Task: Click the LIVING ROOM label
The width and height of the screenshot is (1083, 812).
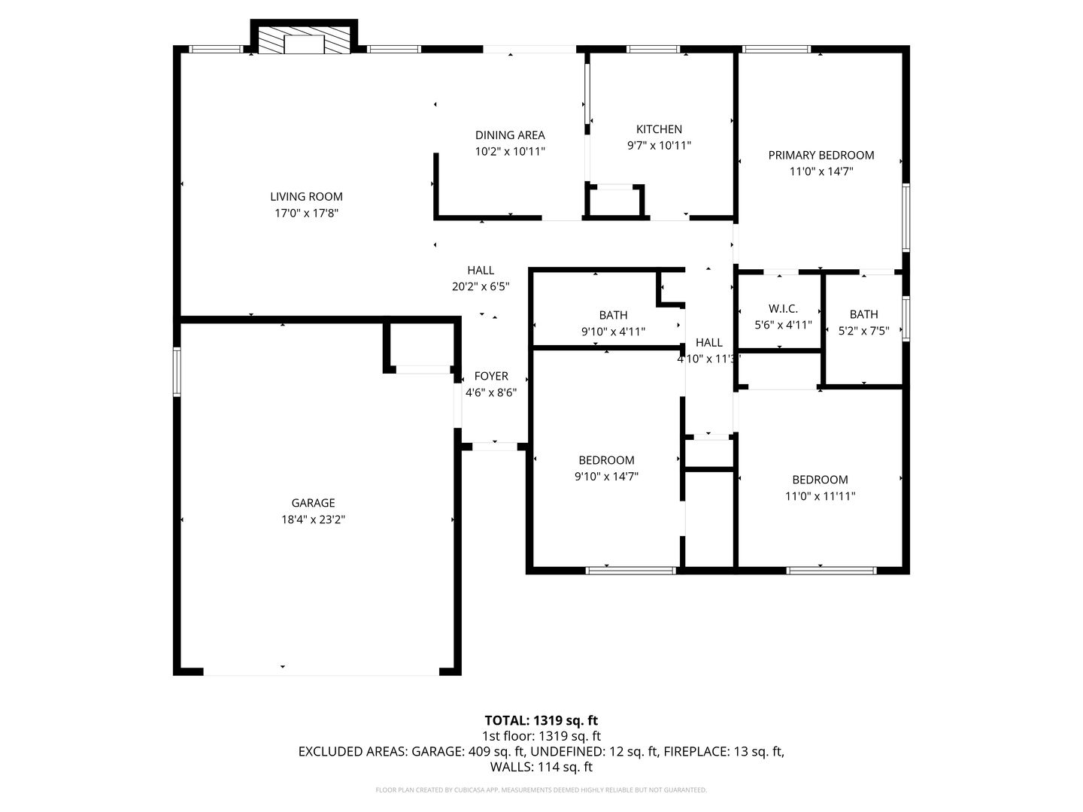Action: tap(306, 197)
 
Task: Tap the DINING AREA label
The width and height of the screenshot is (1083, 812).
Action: tap(510, 135)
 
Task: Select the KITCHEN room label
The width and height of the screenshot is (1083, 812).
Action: tap(659, 129)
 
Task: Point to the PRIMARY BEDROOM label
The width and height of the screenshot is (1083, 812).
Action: tap(821, 156)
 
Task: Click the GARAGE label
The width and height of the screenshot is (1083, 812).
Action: tap(313, 503)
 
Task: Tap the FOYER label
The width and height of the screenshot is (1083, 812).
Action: tap(491, 376)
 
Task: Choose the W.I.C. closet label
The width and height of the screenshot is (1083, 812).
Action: tap(783, 308)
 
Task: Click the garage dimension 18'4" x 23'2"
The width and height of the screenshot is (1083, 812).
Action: tap(313, 519)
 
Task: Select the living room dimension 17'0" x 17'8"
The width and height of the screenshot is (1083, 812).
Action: tap(306, 213)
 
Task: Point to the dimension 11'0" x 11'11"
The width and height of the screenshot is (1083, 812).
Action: tap(820, 496)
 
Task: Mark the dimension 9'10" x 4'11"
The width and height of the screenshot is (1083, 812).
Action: tap(613, 332)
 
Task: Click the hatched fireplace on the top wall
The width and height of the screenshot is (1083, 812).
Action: tap(304, 37)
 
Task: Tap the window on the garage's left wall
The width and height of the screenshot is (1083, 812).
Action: tap(177, 371)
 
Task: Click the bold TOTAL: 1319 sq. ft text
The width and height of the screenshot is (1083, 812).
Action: tap(541, 720)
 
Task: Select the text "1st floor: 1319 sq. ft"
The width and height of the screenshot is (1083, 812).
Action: tap(541, 736)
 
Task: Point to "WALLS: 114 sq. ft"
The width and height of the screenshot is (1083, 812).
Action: tap(541, 767)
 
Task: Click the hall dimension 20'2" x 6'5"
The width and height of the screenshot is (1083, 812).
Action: tap(481, 286)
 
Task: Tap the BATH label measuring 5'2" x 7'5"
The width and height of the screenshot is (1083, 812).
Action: tap(863, 314)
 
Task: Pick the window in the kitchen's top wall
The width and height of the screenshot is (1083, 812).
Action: tap(653, 49)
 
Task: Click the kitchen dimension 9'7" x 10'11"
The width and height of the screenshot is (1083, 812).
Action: tap(659, 145)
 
